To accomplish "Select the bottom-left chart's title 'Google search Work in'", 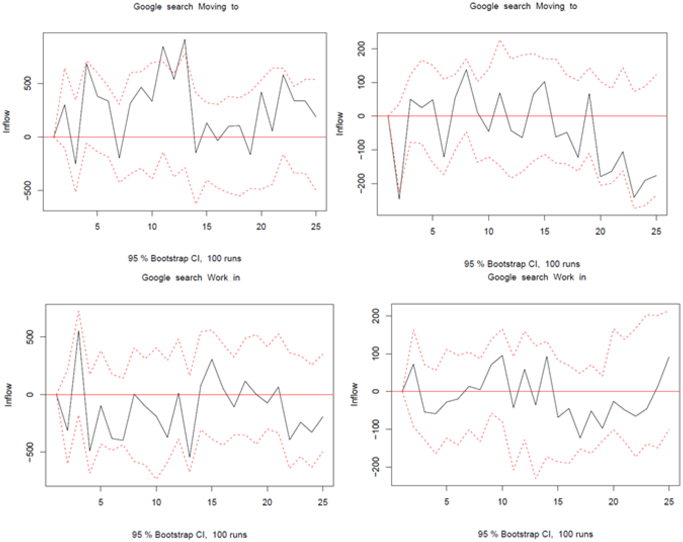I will tap(191, 278).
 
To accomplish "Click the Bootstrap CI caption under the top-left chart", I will tap(184, 258).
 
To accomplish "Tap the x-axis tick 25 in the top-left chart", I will tap(316, 226).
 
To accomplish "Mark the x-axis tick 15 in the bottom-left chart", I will tap(212, 502).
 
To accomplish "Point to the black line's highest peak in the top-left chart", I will tap(185, 40).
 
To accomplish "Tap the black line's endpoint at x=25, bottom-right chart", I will tap(669, 357).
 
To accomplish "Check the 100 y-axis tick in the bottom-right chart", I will tap(376, 353).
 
